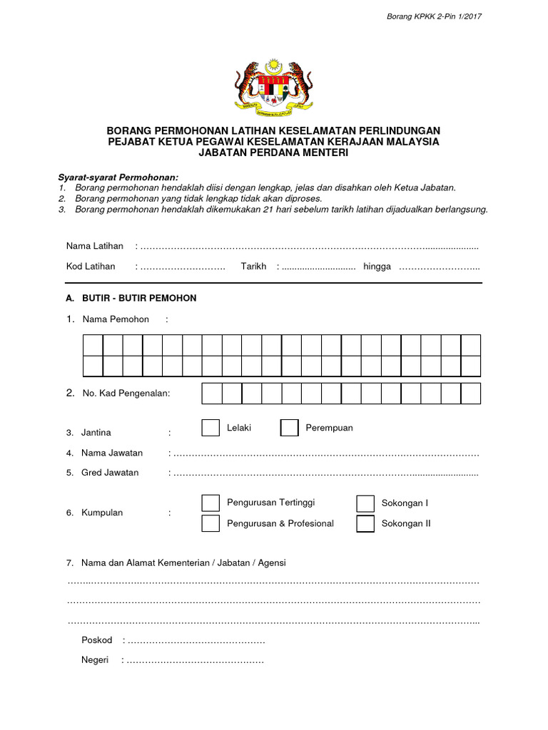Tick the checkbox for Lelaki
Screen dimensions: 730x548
tap(210, 428)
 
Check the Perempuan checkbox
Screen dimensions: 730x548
tap(289, 428)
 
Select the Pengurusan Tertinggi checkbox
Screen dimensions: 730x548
tap(210, 503)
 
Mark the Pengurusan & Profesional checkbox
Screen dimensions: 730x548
tap(210, 523)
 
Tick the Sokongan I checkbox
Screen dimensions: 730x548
tap(365, 503)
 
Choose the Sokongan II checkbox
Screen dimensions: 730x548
tap(365, 523)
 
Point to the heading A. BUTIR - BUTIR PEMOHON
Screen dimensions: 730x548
tap(131, 298)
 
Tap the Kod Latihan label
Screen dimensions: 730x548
tap(91, 267)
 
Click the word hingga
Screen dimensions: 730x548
tap(377, 267)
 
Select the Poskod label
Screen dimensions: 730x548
tap(97, 640)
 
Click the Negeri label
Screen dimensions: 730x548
tap(95, 660)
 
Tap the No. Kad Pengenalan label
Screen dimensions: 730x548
tap(126, 394)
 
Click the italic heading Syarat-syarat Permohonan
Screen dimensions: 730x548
tap(118, 177)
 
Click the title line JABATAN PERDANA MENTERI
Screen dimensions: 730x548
tap(273, 153)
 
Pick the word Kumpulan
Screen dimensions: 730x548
tap(102, 513)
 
